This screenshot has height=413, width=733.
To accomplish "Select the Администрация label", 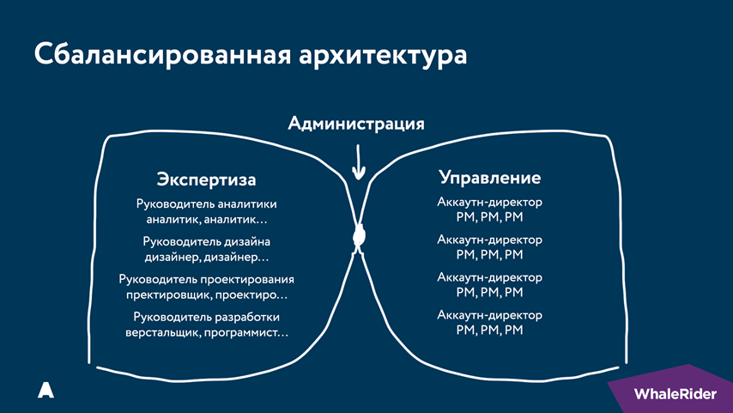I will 356,124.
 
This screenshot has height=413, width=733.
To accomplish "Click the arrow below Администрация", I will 358,159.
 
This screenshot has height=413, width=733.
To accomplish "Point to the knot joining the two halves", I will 359,236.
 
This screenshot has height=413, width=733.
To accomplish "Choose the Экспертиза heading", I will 207,179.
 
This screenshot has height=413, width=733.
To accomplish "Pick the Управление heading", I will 490,178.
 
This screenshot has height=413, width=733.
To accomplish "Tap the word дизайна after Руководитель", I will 243,241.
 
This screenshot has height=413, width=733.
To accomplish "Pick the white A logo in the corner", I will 45,390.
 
